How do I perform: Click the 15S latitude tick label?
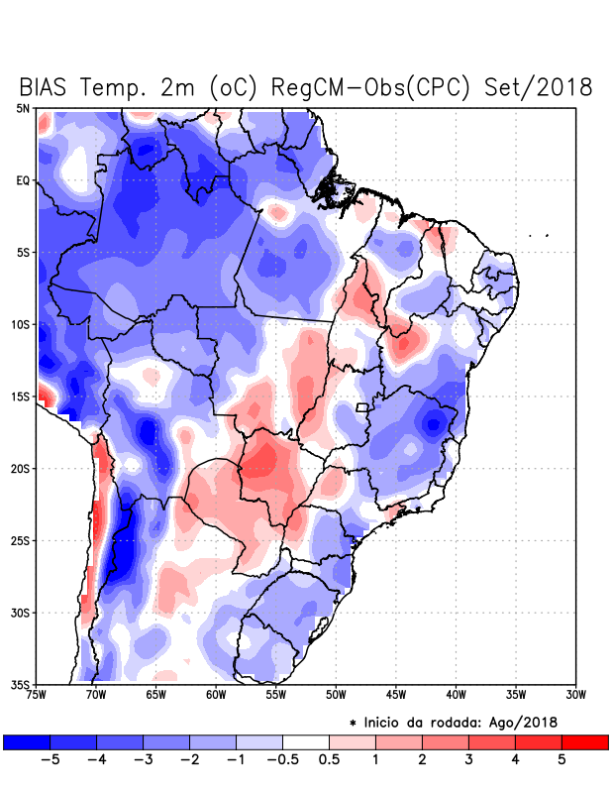pos(21,396)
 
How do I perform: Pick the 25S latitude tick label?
pos(21,540)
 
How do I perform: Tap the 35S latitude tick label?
pos(21,684)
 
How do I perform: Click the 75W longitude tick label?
pos(36,695)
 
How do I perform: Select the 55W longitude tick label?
pos(276,695)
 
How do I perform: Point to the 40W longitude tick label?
pos(457,695)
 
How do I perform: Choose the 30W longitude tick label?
pos(576,695)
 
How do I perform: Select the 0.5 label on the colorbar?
pos(329,760)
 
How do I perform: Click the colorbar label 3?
pos(468,760)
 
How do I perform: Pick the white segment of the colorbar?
pos(306,741)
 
